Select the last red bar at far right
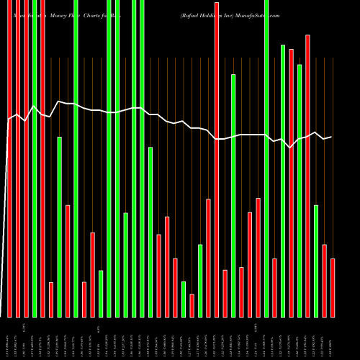pos(333,288)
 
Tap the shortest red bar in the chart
pos(192,305)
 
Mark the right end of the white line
pos(331,137)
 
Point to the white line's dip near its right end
pos(290,147)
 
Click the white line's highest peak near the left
pos(59,102)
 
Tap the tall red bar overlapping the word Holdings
pos(217,158)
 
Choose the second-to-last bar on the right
pos(325,281)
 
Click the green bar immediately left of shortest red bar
pos(184,299)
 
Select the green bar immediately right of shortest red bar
pos(200,281)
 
